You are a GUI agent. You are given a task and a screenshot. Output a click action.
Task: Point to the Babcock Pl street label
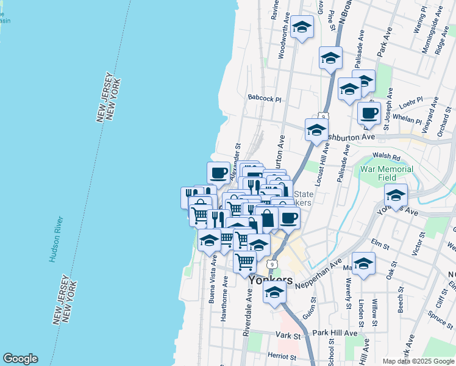265,98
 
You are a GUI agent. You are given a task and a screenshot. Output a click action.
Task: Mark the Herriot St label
281,355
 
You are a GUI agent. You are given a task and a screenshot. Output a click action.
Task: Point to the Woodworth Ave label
283,39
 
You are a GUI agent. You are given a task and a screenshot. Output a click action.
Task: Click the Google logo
20,359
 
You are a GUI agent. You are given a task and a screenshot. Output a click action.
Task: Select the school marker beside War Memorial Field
396,195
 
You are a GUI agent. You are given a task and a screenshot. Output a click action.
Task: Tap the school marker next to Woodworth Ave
302,27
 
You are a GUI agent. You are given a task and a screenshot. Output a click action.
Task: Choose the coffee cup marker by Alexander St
219,172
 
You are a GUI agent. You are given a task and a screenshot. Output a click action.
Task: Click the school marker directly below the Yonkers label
274,293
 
